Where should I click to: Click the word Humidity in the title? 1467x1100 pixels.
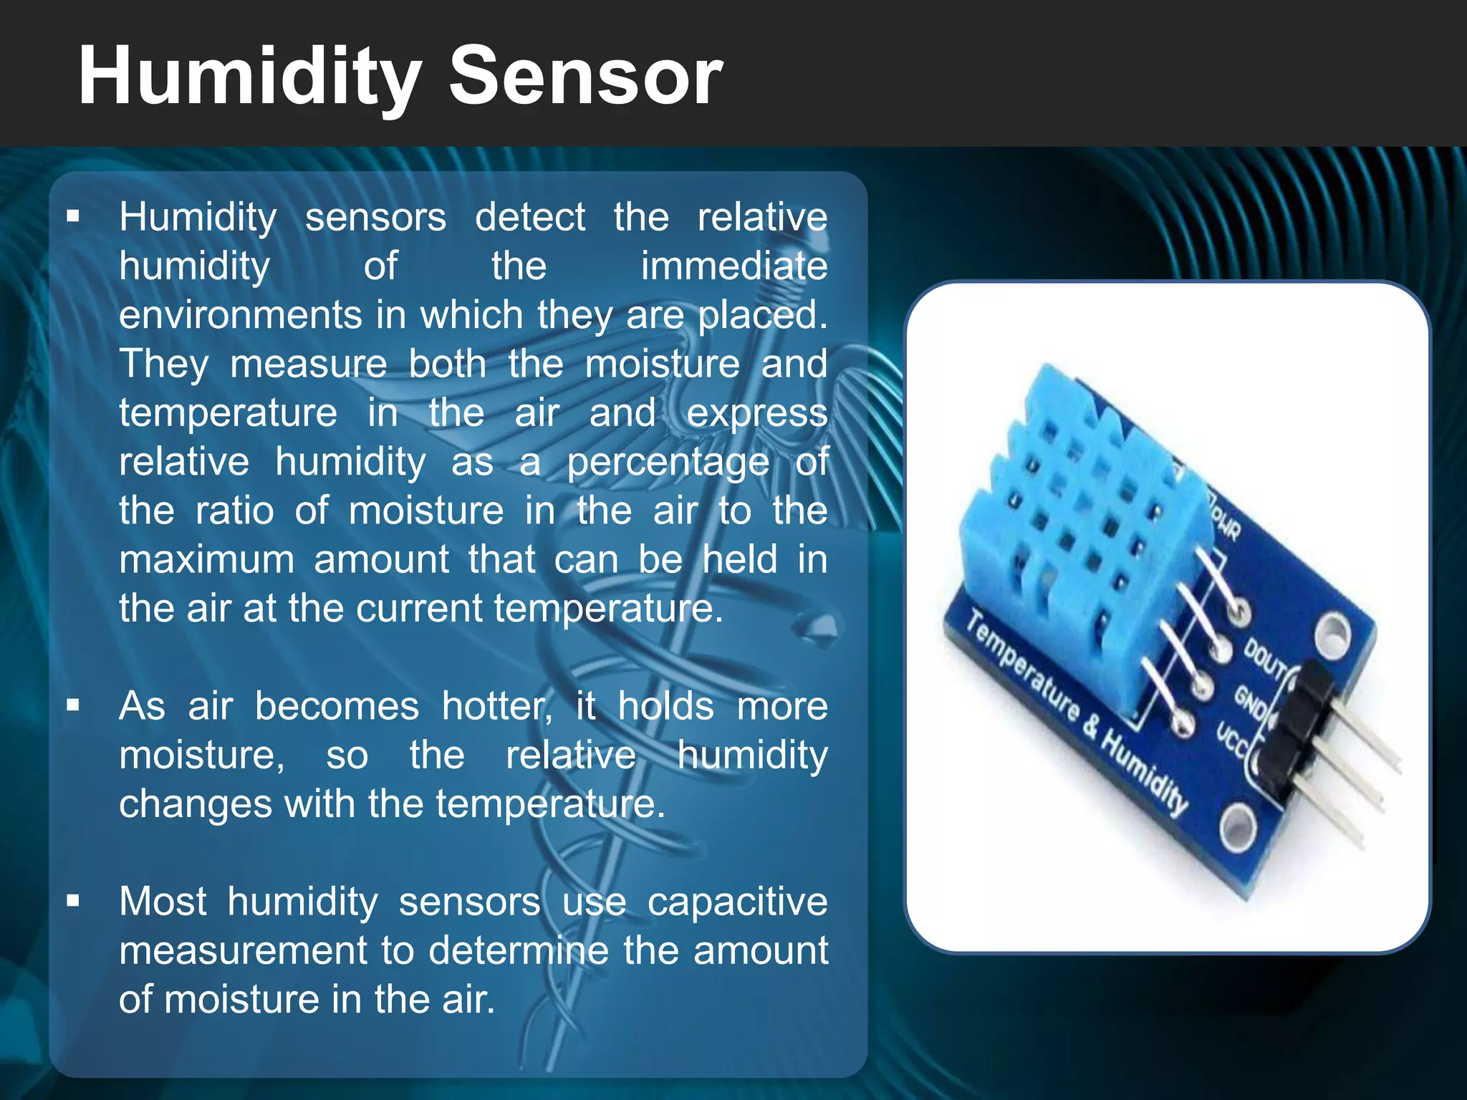[249, 76]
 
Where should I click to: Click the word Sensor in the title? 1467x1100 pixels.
[585, 76]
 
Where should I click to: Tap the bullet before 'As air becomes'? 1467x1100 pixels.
[72, 705]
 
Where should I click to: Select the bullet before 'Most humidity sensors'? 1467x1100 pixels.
[72, 901]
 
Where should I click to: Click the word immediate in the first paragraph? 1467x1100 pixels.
[733, 266]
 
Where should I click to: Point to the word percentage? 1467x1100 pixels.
[668, 462]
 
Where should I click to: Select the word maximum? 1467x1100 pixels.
[206, 559]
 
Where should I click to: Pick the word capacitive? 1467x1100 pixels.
[737, 901]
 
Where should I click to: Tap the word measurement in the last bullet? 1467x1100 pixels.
[244, 950]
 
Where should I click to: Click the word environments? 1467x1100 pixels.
[241, 315]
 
